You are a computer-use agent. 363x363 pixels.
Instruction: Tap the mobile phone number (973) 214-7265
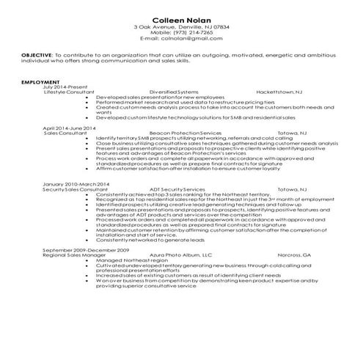(x=180, y=32)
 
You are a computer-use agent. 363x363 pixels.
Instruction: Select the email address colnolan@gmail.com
(x=180, y=38)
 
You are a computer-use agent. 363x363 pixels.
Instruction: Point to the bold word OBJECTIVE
(x=35, y=54)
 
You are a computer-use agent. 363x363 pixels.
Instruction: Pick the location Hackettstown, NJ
(x=277, y=92)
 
